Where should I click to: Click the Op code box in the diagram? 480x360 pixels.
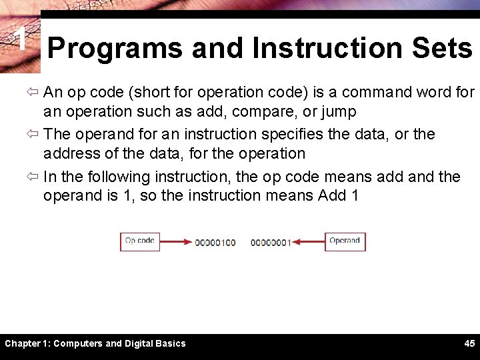[x=140, y=241]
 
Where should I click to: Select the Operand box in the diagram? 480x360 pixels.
[x=345, y=241]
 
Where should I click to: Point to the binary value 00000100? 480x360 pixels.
[x=215, y=243]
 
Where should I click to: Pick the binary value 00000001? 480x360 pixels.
[x=271, y=243]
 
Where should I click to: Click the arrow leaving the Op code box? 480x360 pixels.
[x=175, y=242]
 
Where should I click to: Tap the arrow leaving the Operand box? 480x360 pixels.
[x=309, y=242]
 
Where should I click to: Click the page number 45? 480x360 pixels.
[x=469, y=343]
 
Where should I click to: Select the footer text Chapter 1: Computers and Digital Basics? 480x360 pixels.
[x=95, y=343]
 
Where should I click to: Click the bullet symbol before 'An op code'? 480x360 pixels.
[x=34, y=92]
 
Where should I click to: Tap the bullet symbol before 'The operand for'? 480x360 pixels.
[x=34, y=135]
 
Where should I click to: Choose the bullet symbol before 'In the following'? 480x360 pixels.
[x=34, y=177]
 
